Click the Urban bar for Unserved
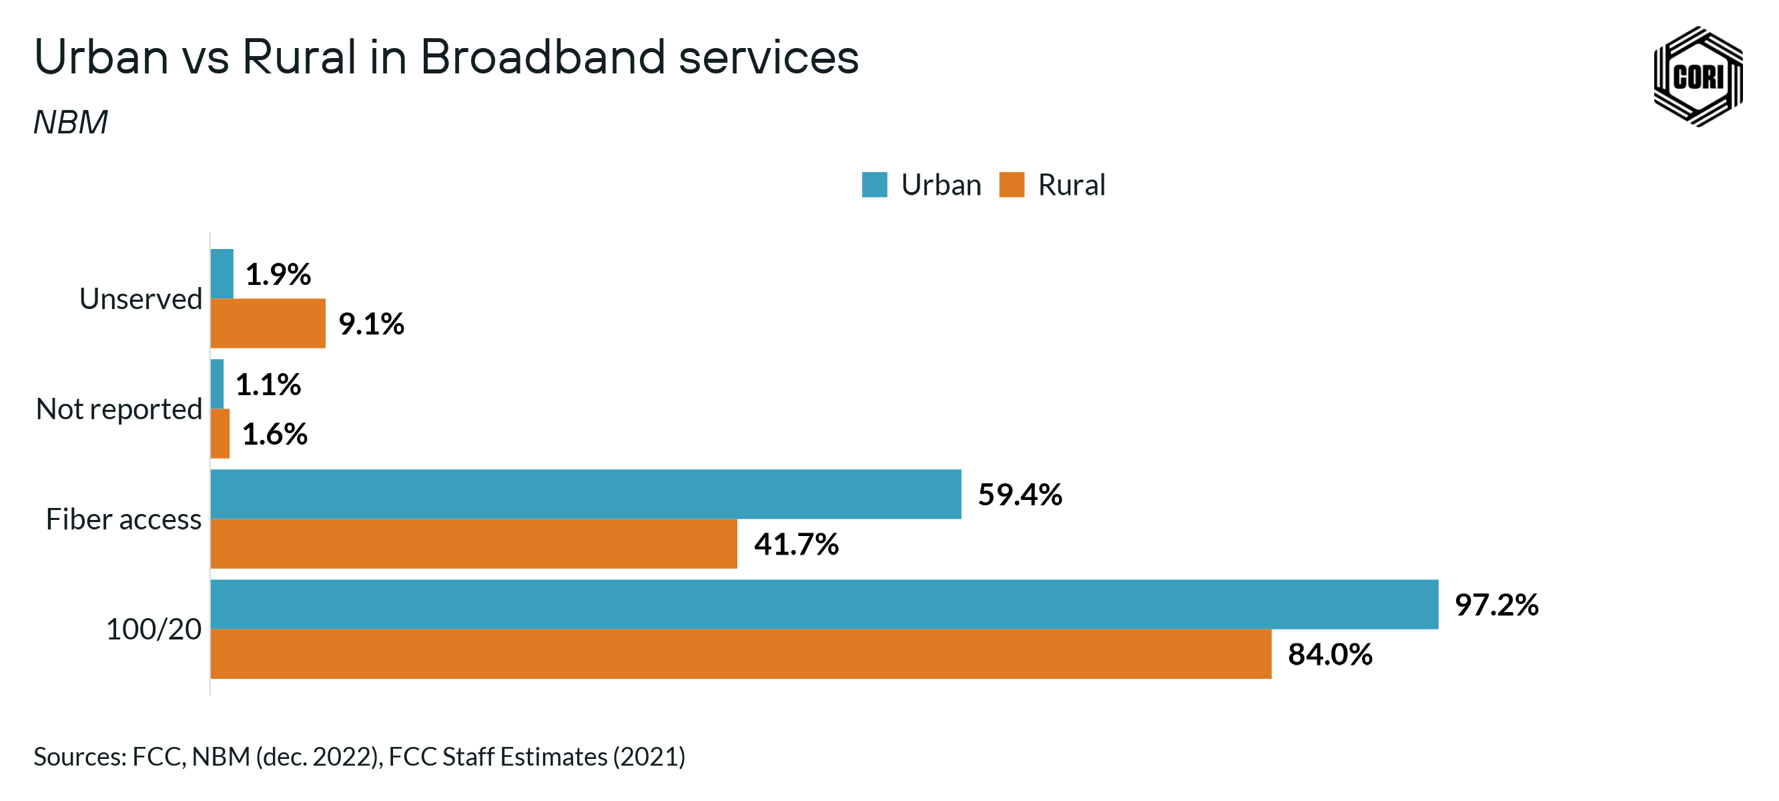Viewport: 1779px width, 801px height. click(x=222, y=274)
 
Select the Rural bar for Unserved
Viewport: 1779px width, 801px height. click(x=268, y=324)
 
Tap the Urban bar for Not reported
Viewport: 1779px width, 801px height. click(x=217, y=384)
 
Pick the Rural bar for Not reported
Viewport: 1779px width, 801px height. click(x=220, y=433)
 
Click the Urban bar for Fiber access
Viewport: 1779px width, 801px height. click(x=586, y=494)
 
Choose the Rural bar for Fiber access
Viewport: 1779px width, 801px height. click(x=474, y=544)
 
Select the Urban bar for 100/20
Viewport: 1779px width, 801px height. click(x=824, y=604)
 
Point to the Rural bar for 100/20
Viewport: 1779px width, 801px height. click(x=740, y=653)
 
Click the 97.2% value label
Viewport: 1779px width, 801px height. click(x=1496, y=605)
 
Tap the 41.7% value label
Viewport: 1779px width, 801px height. click(x=795, y=545)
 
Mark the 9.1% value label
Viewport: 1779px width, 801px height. click(x=371, y=324)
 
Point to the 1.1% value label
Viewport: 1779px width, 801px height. click(x=268, y=384)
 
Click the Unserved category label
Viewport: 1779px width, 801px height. click(x=141, y=298)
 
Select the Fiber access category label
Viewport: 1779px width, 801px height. click(x=123, y=519)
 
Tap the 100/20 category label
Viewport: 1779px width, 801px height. click(x=153, y=629)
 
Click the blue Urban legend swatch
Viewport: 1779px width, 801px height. click(x=874, y=184)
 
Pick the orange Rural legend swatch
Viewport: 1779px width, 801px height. click(x=1011, y=184)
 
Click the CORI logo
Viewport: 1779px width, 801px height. click(x=1698, y=77)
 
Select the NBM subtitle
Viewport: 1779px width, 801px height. click(x=71, y=122)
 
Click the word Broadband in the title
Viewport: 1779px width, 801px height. click(x=543, y=57)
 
